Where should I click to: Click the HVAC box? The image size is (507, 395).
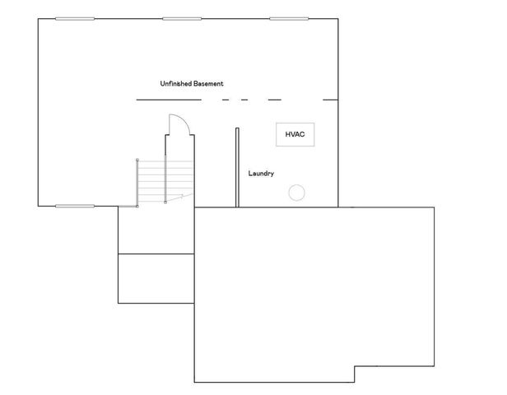click(x=294, y=134)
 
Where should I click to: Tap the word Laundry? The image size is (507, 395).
click(x=261, y=174)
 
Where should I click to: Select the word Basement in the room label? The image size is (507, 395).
click(x=208, y=84)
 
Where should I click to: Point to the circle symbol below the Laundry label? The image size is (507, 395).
click(x=296, y=193)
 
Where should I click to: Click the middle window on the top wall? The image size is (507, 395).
click(x=182, y=18)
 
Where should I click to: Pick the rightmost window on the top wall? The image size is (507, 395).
click(x=290, y=18)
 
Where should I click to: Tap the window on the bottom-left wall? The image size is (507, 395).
click(x=75, y=206)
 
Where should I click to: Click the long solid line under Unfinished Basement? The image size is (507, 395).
click(x=168, y=100)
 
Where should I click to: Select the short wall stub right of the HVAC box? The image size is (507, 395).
click(x=330, y=100)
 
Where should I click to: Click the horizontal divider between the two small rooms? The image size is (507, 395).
click(x=156, y=254)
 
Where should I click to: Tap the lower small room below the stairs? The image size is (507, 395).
click(x=156, y=279)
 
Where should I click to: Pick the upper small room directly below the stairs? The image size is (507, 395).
click(x=156, y=230)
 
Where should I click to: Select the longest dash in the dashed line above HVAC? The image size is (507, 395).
click(x=274, y=100)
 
